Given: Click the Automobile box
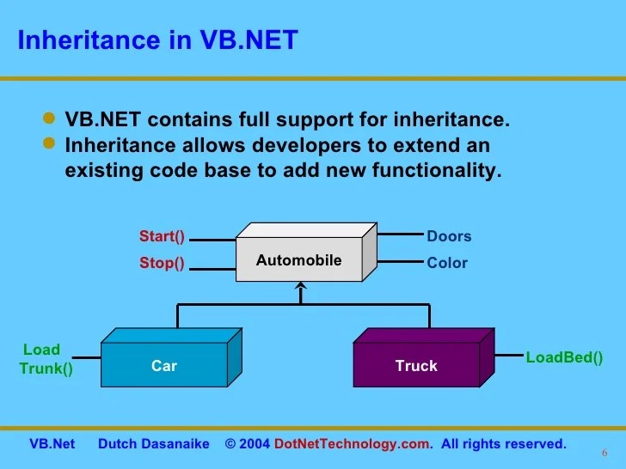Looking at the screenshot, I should pyautogui.click(x=298, y=260).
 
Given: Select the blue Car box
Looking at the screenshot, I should pyautogui.click(x=163, y=366).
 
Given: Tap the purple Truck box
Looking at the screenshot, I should pyautogui.click(x=416, y=366).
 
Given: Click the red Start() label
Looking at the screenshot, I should pyautogui.click(x=163, y=236).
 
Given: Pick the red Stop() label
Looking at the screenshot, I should pyautogui.click(x=163, y=264).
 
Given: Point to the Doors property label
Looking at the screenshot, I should pyautogui.click(x=449, y=236).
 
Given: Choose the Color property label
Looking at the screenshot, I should pyautogui.click(x=447, y=264).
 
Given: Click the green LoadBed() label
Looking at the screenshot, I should pyautogui.click(x=564, y=356).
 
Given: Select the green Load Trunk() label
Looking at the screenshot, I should pyautogui.click(x=43, y=360).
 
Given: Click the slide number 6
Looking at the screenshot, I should pyautogui.click(x=604, y=454).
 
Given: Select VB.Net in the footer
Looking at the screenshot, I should pyautogui.click(x=52, y=444).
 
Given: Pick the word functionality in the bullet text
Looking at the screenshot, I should pyautogui.click(x=435, y=170).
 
